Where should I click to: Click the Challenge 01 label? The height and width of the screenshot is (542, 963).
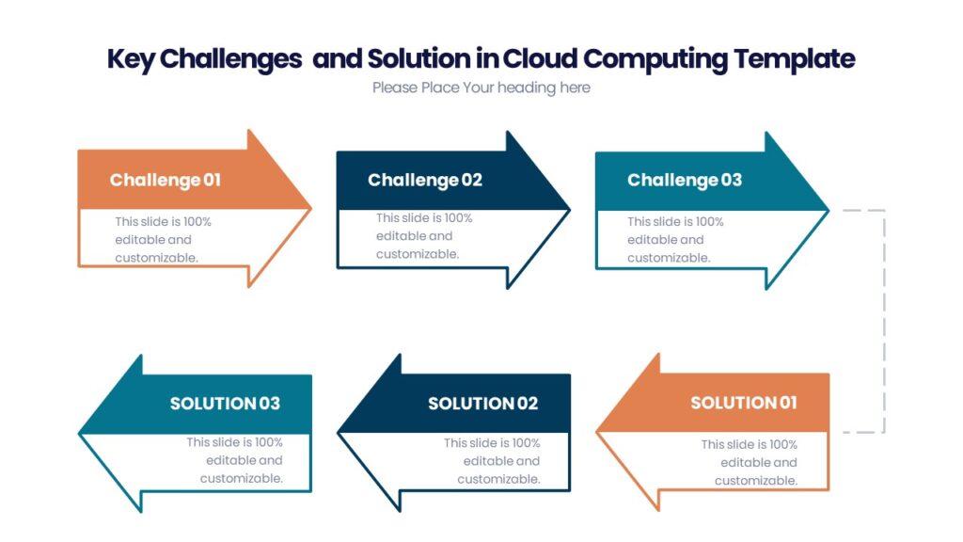coord(165,180)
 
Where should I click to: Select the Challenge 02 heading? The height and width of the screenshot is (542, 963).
coord(424,180)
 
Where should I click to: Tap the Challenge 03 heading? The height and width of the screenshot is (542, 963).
coord(684,180)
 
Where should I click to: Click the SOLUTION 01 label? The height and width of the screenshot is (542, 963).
coord(743,403)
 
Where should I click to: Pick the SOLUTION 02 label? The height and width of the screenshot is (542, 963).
coord(482,404)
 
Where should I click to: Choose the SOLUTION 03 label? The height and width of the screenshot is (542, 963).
coord(225,404)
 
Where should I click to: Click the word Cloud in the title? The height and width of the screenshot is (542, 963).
coord(540,58)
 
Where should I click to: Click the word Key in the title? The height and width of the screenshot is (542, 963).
coord(130,58)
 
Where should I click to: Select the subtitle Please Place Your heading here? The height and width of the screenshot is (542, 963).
coord(481,88)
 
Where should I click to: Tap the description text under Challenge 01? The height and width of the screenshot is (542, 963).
coord(163,240)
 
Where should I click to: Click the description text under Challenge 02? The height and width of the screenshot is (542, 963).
coord(424,236)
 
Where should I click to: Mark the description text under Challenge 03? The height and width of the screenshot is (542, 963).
coord(675,240)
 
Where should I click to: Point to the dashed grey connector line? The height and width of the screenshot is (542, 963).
coord(884,320)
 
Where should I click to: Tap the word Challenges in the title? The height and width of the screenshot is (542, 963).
coord(230,58)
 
